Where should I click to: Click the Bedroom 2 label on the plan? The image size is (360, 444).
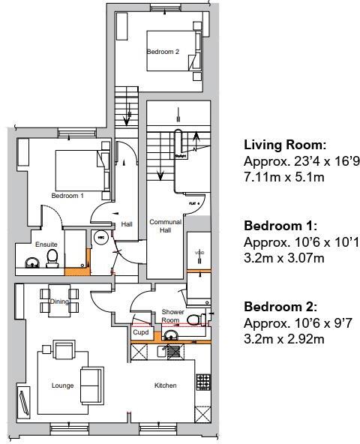pyautogui.click(x=163, y=52)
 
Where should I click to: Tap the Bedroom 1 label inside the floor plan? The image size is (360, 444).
pyautogui.click(x=67, y=196)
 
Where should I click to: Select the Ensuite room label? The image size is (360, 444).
pyautogui.click(x=46, y=244)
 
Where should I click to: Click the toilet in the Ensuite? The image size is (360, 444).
pyautogui.click(x=52, y=259)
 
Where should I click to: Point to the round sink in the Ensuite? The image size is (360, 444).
pyautogui.click(x=32, y=262)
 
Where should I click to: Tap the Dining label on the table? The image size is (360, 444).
pyautogui.click(x=59, y=301)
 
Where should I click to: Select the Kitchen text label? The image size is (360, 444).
pyautogui.click(x=165, y=385)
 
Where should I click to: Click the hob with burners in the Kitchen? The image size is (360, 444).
pyautogui.click(x=202, y=382)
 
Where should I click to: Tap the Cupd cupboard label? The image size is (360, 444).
pyautogui.click(x=140, y=331)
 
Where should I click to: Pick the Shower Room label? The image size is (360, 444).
pyautogui.click(x=173, y=316)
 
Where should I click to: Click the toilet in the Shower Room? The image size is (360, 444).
pyautogui.click(x=193, y=320)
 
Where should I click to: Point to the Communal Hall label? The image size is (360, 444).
pyautogui.click(x=165, y=226)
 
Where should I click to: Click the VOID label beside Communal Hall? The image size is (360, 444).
pyautogui.click(x=199, y=253)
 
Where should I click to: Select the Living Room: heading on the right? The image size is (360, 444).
pyautogui.click(x=285, y=145)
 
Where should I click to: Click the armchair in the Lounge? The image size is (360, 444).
pyautogui.click(x=64, y=349)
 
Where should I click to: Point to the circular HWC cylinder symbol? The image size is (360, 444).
pyautogui.click(x=100, y=238)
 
